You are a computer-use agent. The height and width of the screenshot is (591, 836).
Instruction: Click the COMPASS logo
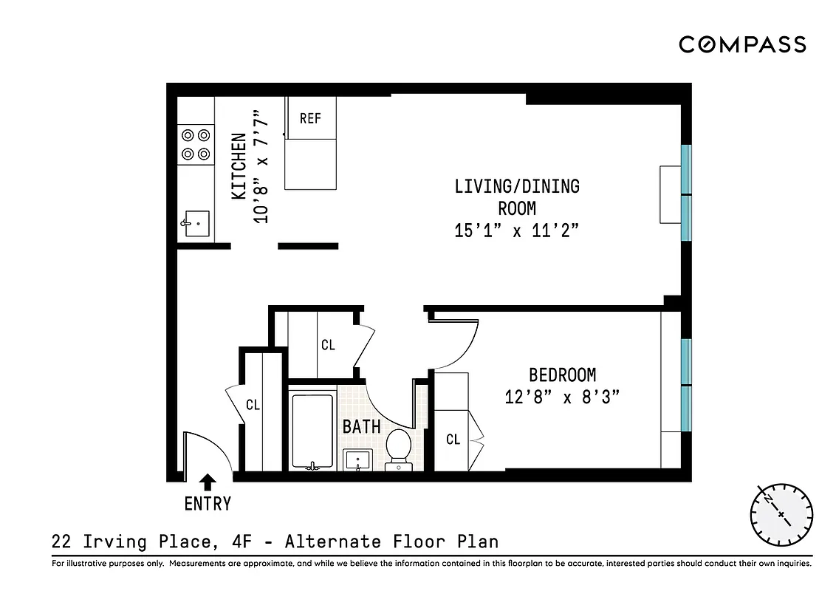click(x=741, y=44)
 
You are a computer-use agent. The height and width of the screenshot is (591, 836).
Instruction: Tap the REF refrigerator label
click(x=310, y=118)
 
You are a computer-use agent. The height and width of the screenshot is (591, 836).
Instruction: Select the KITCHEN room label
click(x=239, y=167)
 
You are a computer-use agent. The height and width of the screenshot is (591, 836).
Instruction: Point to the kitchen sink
click(x=196, y=224)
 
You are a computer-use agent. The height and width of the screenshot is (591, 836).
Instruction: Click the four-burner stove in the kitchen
click(x=196, y=144)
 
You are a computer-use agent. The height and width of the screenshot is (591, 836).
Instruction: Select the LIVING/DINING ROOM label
click(x=516, y=197)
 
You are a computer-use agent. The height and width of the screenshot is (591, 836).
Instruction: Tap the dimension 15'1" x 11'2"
click(x=515, y=231)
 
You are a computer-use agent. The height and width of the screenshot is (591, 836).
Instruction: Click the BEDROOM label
click(x=562, y=375)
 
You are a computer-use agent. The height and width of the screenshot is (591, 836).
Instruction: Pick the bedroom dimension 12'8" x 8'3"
click(x=561, y=397)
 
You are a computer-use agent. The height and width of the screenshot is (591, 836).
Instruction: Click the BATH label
click(x=361, y=426)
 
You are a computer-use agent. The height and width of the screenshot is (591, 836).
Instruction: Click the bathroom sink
click(x=360, y=460)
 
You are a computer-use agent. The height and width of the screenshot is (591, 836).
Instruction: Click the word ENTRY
click(x=208, y=505)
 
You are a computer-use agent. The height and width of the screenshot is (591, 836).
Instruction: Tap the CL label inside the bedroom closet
click(x=453, y=440)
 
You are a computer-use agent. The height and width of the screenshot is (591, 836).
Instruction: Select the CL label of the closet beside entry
click(x=253, y=405)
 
